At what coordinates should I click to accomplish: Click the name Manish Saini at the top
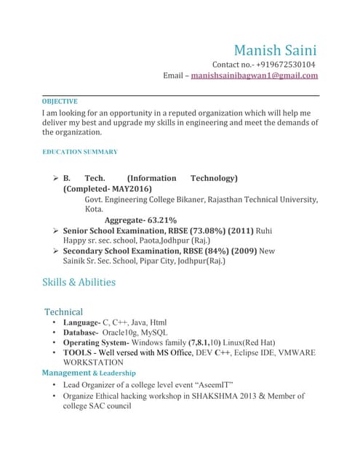click(275, 51)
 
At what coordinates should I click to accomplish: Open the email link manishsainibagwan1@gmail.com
click(254, 76)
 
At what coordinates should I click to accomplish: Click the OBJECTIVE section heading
click(60, 102)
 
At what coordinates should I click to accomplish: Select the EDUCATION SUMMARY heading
click(80, 152)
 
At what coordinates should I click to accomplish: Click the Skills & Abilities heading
click(79, 282)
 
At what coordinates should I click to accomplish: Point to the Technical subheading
click(64, 312)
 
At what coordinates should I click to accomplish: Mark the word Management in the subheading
click(66, 373)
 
